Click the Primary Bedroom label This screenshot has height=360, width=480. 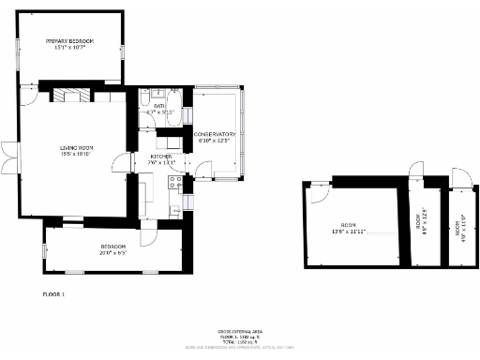click(x=71, y=42)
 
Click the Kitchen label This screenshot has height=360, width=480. click(x=161, y=157)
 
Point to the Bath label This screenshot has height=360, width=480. click(x=160, y=107)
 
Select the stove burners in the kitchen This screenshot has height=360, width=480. click(x=172, y=182)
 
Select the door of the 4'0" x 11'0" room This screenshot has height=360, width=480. click(x=457, y=177)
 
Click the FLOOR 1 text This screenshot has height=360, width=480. click(x=53, y=294)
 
